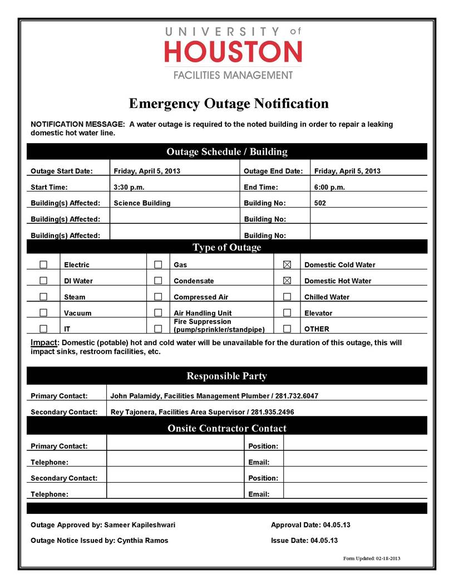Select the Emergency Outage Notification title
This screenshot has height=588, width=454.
coord(229,104)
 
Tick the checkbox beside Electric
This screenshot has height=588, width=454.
coord(43,264)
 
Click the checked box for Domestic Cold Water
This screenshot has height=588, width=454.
coord(287,264)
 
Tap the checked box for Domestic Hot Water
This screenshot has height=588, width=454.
coord(287,281)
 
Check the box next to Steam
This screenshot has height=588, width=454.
coord(43,297)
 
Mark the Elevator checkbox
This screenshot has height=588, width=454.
coord(287,313)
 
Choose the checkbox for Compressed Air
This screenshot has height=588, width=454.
coord(158,297)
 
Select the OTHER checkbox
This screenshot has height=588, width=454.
coord(287,329)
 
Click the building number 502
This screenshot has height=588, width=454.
coord(320,203)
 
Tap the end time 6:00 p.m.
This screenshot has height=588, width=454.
coord(329,187)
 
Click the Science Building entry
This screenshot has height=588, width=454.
coord(142,203)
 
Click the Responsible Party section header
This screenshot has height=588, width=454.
coord(226,376)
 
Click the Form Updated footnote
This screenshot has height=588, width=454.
coord(372,558)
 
